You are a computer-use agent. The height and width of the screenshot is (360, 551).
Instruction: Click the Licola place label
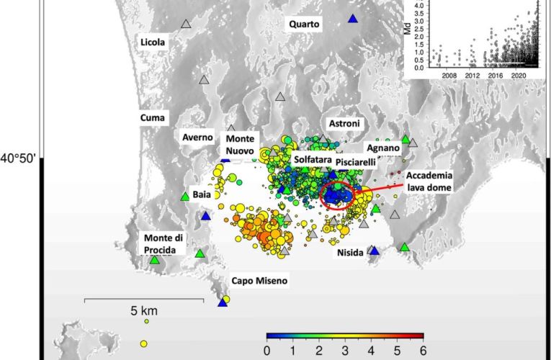(153, 42)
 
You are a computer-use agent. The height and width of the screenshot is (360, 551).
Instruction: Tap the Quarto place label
(304, 24)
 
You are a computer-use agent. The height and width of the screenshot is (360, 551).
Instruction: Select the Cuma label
(153, 117)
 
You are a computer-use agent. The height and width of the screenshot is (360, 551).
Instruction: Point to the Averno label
(197, 137)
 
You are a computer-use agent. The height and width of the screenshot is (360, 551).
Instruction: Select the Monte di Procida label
(164, 243)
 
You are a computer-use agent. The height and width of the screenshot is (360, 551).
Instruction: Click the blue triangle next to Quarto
(353, 19)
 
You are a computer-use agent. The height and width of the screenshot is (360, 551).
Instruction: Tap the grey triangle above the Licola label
(186, 24)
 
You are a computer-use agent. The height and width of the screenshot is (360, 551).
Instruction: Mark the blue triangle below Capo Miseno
(223, 303)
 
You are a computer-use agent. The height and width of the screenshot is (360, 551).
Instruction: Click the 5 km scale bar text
(144, 312)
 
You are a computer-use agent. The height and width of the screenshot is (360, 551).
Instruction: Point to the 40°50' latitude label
(19, 158)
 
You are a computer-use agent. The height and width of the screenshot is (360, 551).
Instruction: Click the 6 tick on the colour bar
(422, 351)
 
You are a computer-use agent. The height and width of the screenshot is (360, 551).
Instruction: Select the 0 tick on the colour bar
(266, 351)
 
